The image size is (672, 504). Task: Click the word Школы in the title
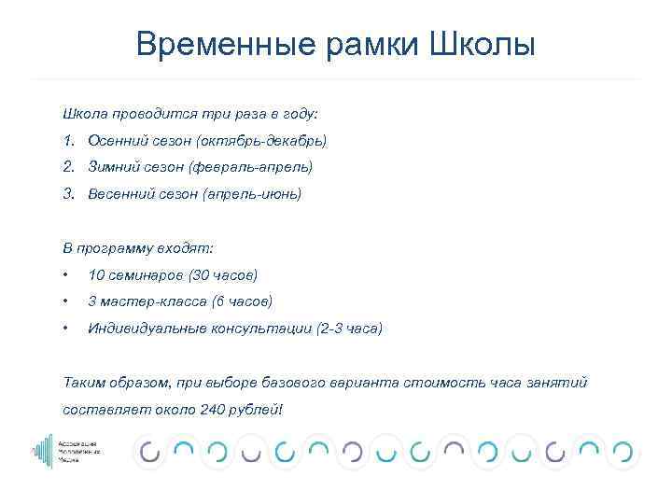pos(483,44)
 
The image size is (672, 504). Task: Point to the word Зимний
pos(113,168)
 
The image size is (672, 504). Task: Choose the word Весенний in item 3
pos(120,195)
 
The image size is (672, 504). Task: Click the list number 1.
pos(68,141)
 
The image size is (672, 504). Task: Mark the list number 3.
pos(68,195)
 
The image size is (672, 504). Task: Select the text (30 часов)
pos(223,275)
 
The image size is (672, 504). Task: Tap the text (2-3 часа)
pos(349,329)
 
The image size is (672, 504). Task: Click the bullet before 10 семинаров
pos(66,275)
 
